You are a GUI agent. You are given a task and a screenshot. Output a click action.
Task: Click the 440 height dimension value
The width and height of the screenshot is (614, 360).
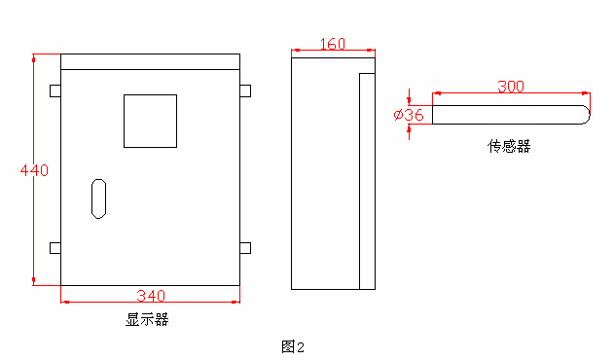pos(35,170)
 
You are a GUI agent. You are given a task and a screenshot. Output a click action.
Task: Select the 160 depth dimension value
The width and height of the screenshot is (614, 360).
pos(332,44)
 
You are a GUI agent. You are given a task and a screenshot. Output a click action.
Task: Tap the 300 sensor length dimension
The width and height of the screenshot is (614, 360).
pos(511,87)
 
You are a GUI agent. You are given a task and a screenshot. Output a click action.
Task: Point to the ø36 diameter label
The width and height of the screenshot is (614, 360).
pos(409,115)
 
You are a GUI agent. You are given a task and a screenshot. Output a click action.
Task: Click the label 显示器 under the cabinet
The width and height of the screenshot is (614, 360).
pos(147,319)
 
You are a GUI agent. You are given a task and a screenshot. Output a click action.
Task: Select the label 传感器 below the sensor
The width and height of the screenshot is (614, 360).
pos(509,146)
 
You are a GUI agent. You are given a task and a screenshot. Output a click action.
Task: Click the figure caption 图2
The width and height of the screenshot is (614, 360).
pos(293,345)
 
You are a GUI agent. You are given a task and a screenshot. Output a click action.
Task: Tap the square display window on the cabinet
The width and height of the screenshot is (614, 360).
pos(150,121)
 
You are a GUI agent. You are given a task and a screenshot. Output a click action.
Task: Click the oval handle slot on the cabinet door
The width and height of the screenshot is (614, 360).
pos(98,198)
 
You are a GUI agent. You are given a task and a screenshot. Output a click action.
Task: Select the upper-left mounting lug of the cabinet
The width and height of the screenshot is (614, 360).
pos(55,90)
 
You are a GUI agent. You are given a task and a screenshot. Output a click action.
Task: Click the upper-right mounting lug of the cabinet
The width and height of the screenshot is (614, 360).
pos(244,90)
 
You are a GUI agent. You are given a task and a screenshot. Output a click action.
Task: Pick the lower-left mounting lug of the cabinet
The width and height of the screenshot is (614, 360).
pos(55,247)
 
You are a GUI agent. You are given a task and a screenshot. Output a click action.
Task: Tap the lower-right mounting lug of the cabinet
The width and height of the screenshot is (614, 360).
pos(244,247)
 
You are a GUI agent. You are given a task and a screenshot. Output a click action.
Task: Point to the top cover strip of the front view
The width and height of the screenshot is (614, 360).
pos(150,61)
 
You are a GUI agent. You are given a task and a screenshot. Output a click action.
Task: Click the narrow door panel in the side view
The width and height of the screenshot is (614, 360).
pos(367,181)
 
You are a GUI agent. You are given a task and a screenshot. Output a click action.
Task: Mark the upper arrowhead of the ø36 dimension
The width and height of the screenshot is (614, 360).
pos(410,100)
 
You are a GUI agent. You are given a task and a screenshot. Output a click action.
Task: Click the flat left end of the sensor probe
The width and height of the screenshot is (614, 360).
pos(433,115)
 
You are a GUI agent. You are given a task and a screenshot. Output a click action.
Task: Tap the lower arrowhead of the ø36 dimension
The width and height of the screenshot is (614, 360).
pos(410,128)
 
